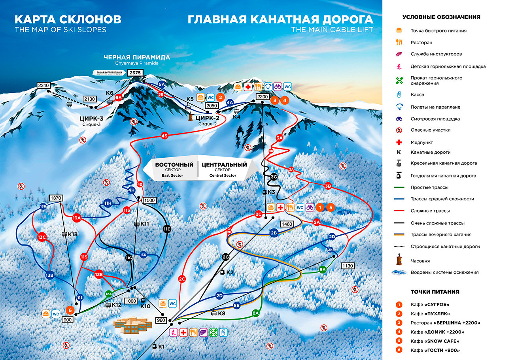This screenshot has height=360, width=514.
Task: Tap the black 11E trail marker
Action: pos(167,229)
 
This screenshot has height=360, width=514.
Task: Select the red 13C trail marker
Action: pos(42,237)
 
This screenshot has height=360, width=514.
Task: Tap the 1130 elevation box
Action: pos(348,266)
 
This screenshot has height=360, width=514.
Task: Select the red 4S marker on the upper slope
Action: pos(165,136)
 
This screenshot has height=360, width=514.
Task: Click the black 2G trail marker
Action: pos(226,257)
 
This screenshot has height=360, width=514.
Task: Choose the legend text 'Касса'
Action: pos(417,95)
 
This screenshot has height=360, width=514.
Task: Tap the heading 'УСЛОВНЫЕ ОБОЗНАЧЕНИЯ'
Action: pos(441,17)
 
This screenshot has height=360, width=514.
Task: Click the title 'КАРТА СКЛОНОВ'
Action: pos(68,19)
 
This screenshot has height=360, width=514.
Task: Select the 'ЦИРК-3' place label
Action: pos(91,118)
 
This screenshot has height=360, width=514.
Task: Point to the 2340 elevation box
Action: pos(43,85)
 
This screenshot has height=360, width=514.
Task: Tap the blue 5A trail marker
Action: pos(161,84)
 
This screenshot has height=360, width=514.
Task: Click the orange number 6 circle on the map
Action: pos(70,310)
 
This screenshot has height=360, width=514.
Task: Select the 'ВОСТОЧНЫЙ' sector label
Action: pos(174,165)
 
